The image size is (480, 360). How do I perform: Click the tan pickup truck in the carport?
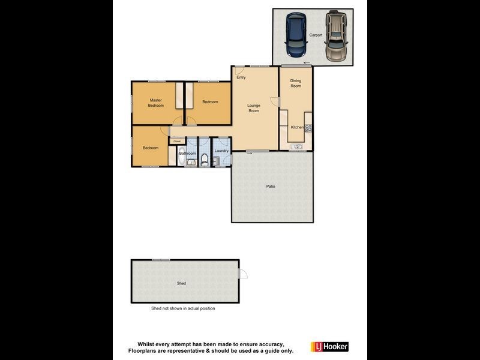click(335, 36)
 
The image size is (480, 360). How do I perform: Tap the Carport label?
click(316, 35)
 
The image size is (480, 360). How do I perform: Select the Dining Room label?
click(296, 83)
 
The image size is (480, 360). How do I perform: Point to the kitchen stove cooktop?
click(308, 127)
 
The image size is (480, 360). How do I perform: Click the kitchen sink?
click(296, 146)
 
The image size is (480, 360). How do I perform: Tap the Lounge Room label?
click(254, 109)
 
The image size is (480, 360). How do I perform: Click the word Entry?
click(241, 77)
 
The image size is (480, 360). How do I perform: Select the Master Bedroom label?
click(156, 103)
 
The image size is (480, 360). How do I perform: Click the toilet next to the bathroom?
click(205, 160)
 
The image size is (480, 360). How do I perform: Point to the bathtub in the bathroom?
click(182, 158)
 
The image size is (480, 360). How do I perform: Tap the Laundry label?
click(221, 151)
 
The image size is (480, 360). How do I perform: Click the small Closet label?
click(177, 142)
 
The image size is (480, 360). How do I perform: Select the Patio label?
click(271, 187)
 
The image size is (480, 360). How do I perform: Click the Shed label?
click(181, 283)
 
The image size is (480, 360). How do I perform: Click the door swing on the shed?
click(243, 274)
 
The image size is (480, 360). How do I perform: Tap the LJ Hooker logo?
click(328, 347)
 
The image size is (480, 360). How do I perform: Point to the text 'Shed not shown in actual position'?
click(182, 308)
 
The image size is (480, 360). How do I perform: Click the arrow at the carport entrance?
click(307, 64)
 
